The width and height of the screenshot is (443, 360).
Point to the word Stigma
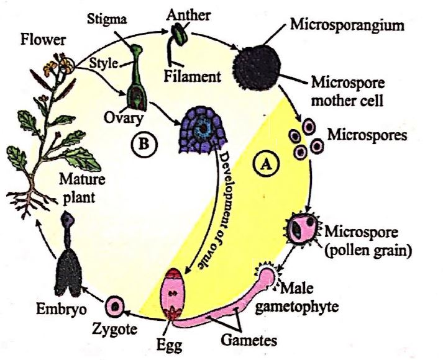point(126,19)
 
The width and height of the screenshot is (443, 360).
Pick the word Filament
point(193,77)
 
